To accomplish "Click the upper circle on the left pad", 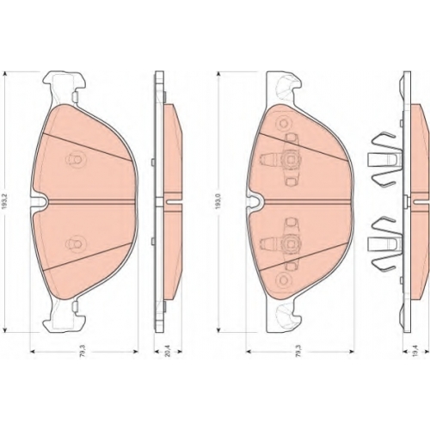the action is (74, 158).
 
